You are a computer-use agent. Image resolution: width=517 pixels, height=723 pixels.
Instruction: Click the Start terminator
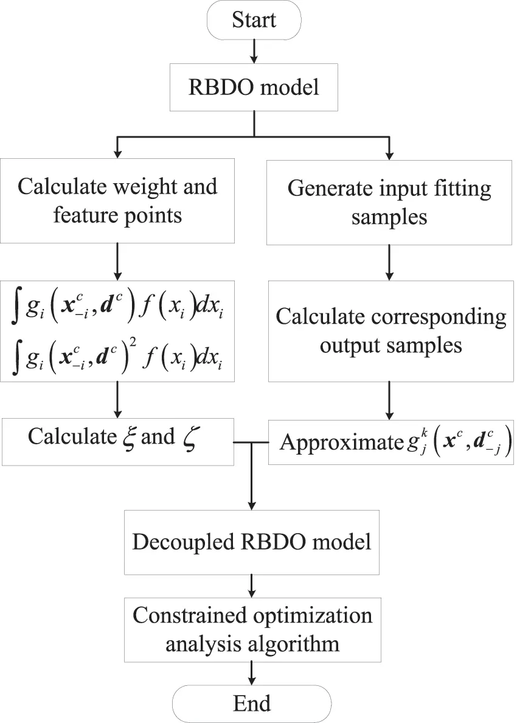pyautogui.click(x=254, y=20)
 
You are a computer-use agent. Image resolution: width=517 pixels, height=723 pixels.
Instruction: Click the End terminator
pyautogui.click(x=252, y=704)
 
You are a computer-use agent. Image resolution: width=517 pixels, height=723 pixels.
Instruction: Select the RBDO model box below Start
pyautogui.click(x=254, y=87)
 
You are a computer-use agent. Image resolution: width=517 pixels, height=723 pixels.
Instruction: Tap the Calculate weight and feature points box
pyautogui.click(x=117, y=201)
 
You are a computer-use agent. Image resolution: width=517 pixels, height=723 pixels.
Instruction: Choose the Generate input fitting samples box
pyautogui.click(x=389, y=202)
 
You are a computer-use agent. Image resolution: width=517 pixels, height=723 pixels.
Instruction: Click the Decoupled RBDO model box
pyautogui.click(x=252, y=542)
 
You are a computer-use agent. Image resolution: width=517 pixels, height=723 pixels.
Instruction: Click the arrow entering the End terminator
pyautogui.click(x=252, y=674)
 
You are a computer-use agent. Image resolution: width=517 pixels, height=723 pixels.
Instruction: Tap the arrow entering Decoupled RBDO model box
pyautogui.click(x=252, y=487)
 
